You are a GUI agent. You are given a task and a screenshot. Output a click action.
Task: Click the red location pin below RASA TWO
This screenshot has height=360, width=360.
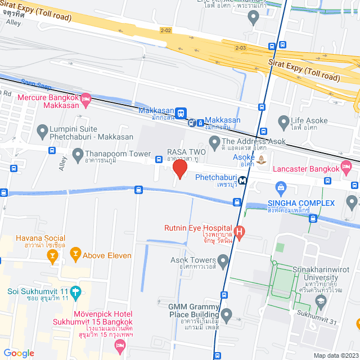pyautogui.click(x=180, y=169)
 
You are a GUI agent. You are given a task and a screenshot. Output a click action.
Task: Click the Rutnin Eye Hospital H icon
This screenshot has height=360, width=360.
pyautogui.click(x=239, y=232)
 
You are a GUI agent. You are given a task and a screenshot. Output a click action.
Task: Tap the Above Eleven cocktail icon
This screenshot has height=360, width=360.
pyautogui.click(x=75, y=255)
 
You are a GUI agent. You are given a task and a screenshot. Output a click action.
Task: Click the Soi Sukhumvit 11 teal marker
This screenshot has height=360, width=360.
pyautogui.click(x=76, y=291)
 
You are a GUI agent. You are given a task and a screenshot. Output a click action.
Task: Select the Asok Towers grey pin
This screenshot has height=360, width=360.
pyautogui.click(x=223, y=260)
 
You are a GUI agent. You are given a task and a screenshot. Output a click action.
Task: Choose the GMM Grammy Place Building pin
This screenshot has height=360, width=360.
pyautogui.click(x=227, y=314)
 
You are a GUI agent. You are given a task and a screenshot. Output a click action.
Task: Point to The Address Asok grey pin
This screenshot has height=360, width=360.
pyautogui.click(x=214, y=142)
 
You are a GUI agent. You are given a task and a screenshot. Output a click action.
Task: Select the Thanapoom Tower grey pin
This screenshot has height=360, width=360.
pyautogui.click(x=78, y=154)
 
